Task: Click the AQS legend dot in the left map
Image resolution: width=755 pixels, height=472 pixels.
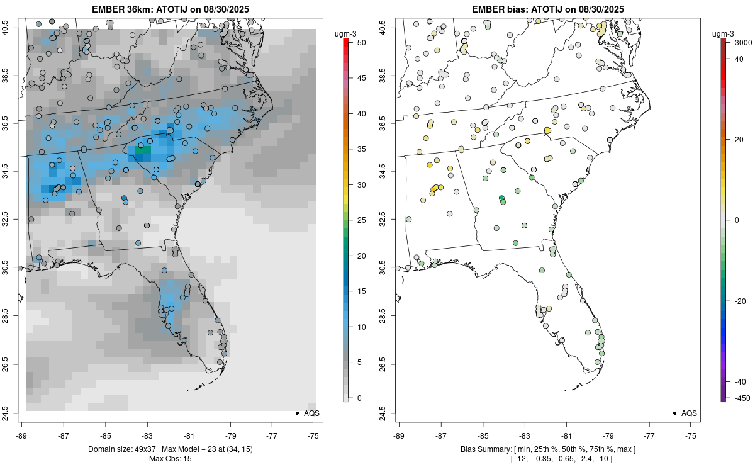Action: [x=296, y=413]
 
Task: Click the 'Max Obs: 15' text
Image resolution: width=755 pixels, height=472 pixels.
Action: [x=170, y=458]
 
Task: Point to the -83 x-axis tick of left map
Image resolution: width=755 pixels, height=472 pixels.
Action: [x=147, y=434]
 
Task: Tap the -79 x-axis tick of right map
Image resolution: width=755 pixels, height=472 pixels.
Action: [x=608, y=434]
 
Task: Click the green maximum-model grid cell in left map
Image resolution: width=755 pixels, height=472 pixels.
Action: [x=143, y=150]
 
